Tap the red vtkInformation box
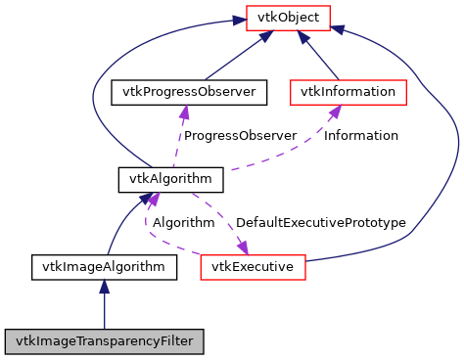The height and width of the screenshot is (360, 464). (347, 92)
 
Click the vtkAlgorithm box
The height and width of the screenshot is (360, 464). (158, 179)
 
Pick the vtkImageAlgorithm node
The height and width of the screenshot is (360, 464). (105, 265)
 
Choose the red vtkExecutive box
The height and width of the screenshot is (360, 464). (254, 265)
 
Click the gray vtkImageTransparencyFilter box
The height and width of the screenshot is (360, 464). (105, 341)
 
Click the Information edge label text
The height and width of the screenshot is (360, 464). (361, 136)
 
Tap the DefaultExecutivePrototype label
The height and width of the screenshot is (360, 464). (320, 223)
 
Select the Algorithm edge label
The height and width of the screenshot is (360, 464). (185, 223)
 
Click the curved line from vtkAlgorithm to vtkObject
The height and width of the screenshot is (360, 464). (98, 78)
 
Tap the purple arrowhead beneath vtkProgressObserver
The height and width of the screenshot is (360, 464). (182, 112)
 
